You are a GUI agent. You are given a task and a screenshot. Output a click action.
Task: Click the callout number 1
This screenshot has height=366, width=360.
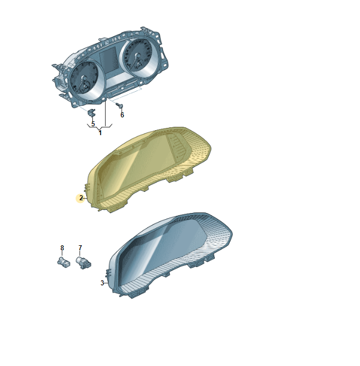pyautogui.click(x=100, y=133)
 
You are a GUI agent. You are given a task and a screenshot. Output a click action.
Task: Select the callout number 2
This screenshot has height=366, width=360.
pyautogui.click(x=81, y=198)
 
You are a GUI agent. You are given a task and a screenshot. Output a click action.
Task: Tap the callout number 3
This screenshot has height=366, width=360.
pyautogui.click(x=102, y=283)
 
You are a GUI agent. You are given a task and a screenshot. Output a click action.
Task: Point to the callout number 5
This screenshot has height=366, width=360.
pyautogui.click(x=93, y=124)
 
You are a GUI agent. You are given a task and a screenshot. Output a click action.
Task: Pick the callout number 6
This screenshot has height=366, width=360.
pyautogui.click(x=122, y=115)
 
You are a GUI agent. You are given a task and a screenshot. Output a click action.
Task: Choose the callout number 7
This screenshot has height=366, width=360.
pyautogui.click(x=80, y=248)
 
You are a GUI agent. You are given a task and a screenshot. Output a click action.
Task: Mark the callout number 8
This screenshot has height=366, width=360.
pyautogui.click(x=62, y=248)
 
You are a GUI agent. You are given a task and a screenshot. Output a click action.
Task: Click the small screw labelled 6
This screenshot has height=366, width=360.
pyautogui.click(x=120, y=106)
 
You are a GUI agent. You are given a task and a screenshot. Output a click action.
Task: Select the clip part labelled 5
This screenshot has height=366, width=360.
pyautogui.click(x=91, y=112)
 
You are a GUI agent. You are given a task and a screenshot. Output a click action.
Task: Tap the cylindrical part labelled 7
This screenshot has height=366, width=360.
pyautogui.click(x=83, y=263)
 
